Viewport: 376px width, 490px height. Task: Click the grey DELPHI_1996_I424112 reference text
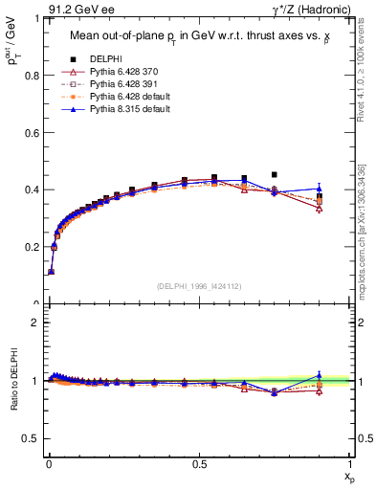point(199,284)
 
